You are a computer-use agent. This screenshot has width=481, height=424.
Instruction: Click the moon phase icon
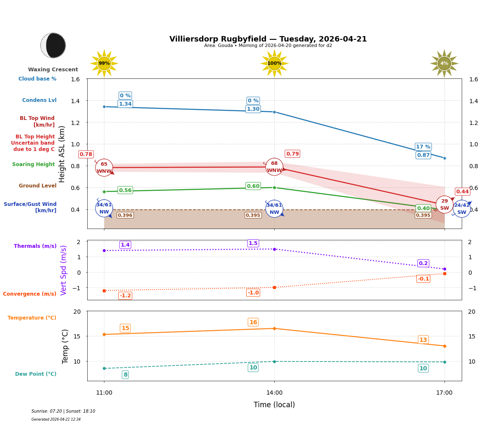point(53,45)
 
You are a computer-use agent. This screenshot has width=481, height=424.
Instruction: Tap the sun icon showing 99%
point(104,63)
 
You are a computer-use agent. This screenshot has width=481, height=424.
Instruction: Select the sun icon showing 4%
point(444,63)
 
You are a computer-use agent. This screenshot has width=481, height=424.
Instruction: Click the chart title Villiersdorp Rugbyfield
point(268,39)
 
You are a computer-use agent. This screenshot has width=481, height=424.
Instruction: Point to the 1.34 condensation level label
point(125,104)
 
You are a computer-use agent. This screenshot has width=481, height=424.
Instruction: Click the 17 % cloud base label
point(423,147)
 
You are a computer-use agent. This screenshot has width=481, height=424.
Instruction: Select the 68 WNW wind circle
point(274,167)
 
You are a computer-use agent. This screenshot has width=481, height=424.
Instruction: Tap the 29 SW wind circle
point(445,205)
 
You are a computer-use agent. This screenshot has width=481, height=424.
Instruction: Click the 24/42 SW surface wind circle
point(462,208)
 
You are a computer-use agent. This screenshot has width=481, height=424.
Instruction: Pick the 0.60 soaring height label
point(253,186)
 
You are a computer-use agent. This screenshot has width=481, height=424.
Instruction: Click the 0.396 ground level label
point(125,215)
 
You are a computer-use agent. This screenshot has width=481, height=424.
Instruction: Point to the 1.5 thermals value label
point(253,243)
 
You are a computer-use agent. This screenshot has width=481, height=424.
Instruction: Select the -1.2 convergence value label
point(125,296)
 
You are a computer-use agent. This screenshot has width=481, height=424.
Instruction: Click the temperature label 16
point(253,322)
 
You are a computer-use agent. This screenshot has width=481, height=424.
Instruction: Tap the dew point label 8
point(125,375)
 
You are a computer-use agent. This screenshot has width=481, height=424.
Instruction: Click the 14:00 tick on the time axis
point(274,393)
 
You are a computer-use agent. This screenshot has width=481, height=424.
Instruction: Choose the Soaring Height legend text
point(34,164)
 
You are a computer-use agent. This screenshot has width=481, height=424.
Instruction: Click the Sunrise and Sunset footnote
point(63,411)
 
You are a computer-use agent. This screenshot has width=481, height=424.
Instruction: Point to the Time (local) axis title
point(274,405)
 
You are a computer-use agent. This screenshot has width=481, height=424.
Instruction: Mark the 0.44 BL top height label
point(462,192)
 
